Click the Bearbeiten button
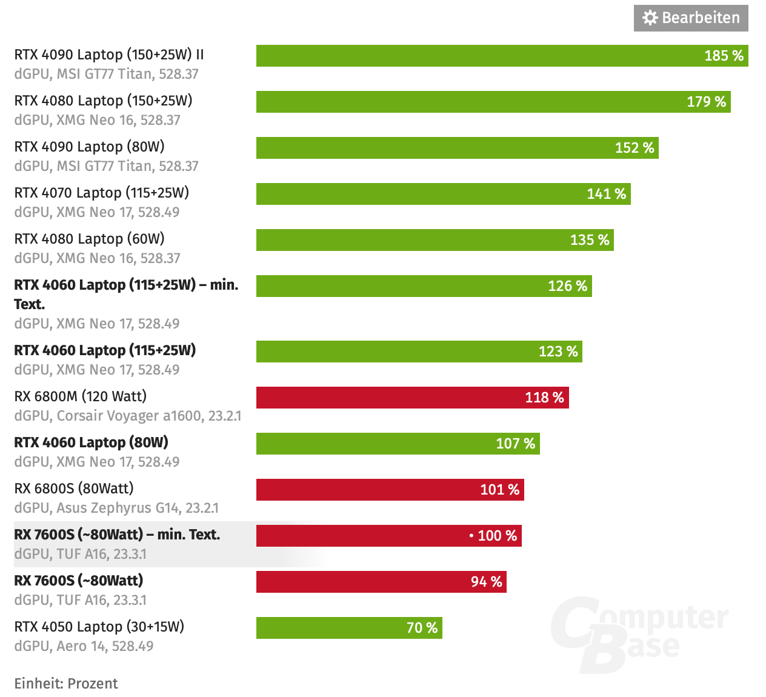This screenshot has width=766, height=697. tap(691, 18)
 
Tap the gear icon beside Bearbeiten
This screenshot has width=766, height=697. tap(650, 18)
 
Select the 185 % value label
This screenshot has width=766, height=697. tap(724, 56)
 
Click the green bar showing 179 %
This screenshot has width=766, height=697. tap(473, 102)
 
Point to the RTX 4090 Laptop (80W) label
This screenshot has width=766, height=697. tap(90, 147)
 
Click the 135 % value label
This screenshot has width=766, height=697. tap(590, 240)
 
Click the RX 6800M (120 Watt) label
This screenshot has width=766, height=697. tap(81, 396)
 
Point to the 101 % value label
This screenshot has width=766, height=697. tap(499, 490)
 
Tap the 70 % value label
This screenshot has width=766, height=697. tap(422, 628)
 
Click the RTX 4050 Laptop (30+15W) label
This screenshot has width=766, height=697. tap(99, 627)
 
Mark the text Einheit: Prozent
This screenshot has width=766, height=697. tap(66, 684)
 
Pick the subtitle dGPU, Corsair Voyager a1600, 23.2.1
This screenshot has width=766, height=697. tap(128, 416)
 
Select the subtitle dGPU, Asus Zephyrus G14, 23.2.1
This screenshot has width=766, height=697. tap(116, 508)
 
